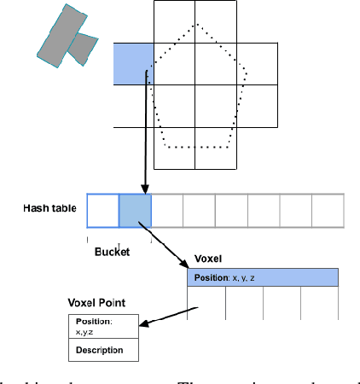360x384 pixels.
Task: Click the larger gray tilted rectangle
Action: tap(61, 31)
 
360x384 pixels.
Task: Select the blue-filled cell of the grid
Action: tap(133, 64)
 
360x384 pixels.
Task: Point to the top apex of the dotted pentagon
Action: tap(198, 25)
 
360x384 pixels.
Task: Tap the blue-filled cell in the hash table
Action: tap(135, 211)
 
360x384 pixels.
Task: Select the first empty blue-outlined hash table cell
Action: tap(102, 211)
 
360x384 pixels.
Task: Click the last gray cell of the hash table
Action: tap(328, 211)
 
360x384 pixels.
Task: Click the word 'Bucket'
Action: tap(111, 253)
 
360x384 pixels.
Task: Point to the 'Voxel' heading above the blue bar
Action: tap(208, 259)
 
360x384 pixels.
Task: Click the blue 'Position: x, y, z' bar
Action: tap(263, 277)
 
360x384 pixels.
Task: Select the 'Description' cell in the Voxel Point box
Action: tap(100, 350)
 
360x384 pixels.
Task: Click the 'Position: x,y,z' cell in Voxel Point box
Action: tap(100, 327)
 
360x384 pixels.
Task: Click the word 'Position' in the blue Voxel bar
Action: tap(212, 277)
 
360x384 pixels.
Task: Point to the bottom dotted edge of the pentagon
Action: tap(198, 147)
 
